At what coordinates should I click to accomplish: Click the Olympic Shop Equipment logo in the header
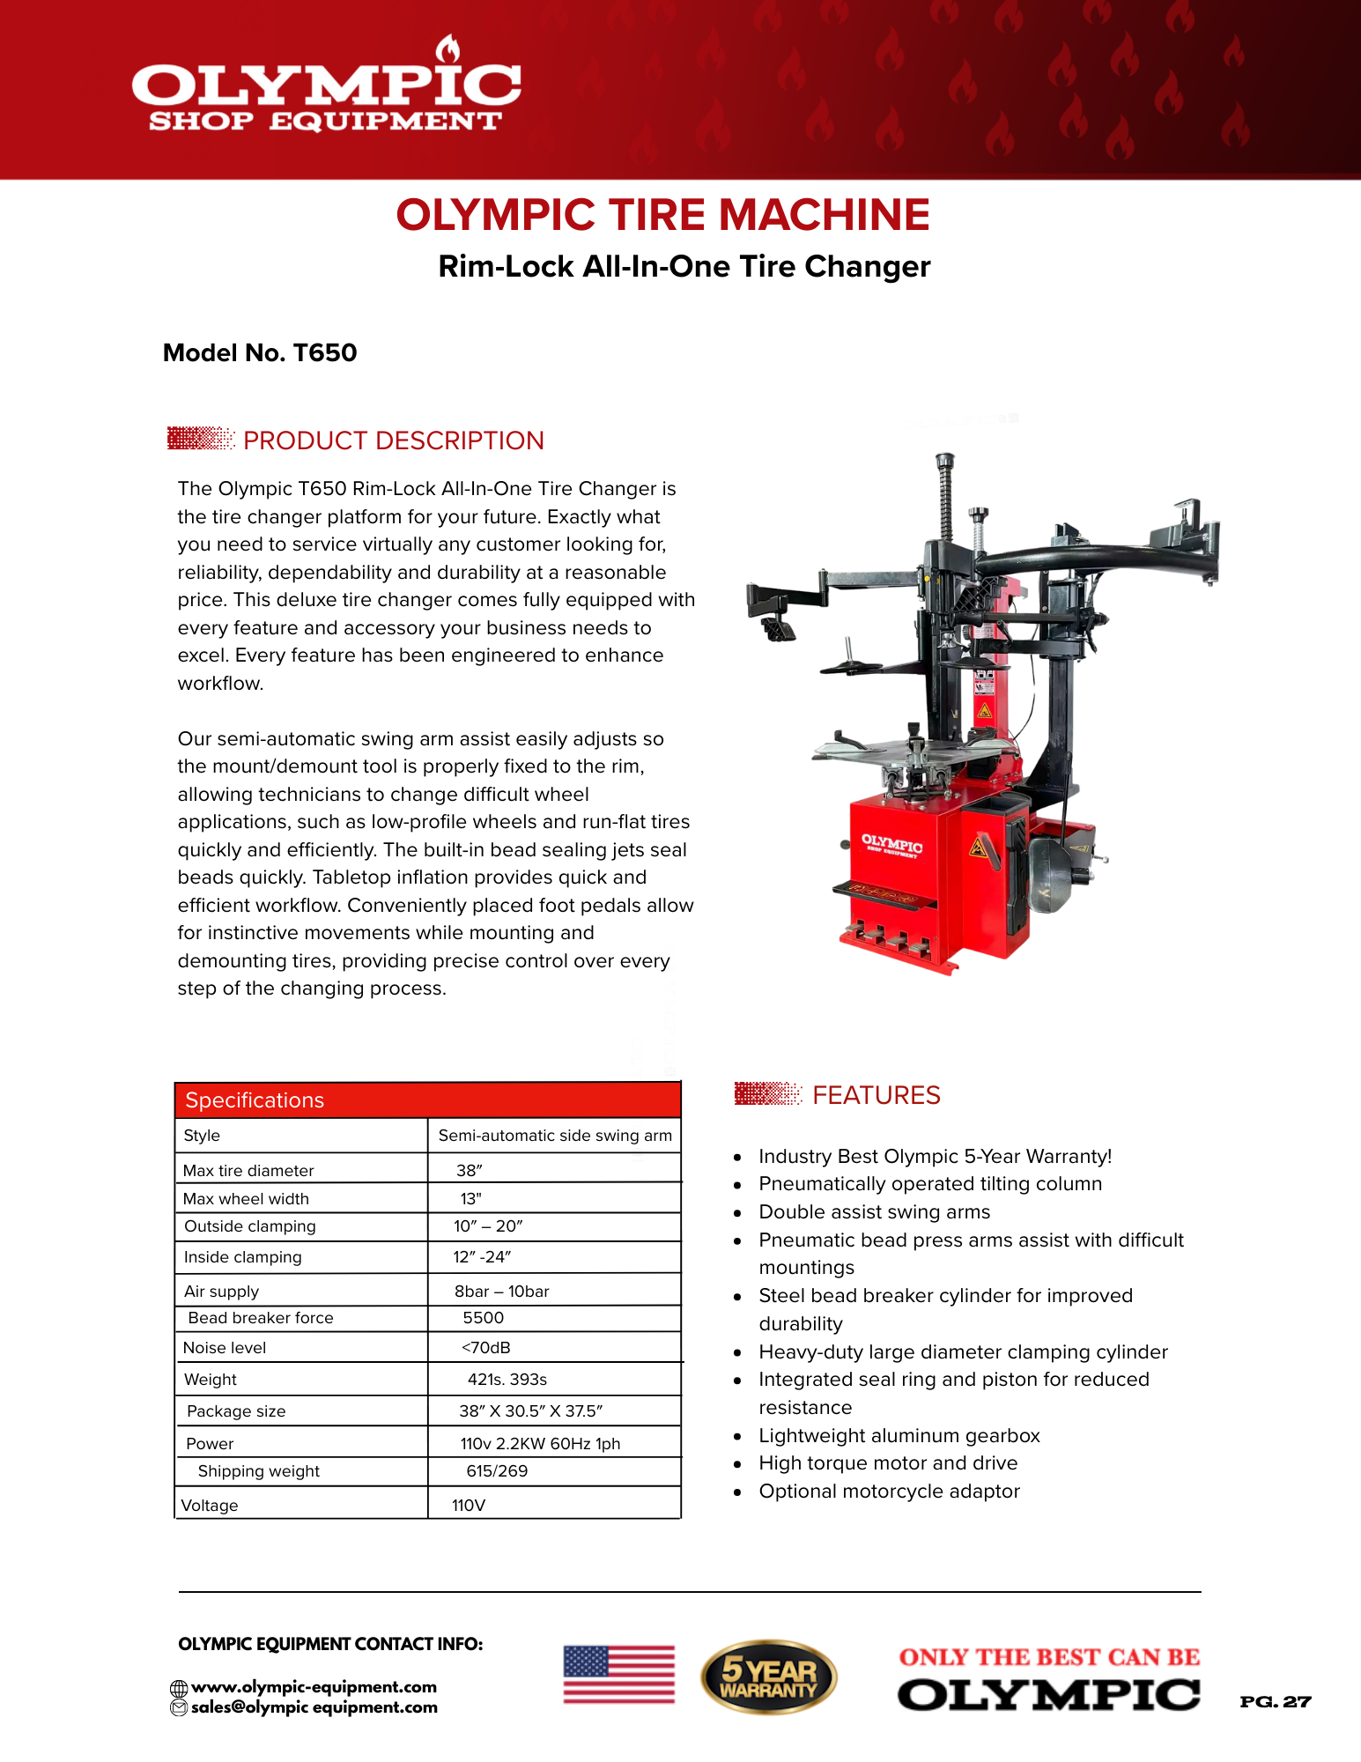326,88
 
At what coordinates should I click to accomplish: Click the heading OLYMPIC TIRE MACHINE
662,215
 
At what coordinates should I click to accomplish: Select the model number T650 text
260,353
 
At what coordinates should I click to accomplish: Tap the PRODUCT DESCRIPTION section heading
393,440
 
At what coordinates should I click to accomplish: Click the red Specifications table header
427,1100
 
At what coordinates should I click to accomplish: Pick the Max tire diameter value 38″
470,1171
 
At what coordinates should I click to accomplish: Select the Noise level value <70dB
485,1348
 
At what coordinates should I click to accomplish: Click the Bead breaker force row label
261,1318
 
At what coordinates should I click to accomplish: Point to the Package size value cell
530,1411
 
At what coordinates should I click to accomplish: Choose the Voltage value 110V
469,1506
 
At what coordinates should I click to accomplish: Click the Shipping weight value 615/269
497,1471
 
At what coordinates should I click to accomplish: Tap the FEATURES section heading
876,1095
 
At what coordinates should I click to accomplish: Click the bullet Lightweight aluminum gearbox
899,1436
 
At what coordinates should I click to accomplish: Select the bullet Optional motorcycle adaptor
889,1492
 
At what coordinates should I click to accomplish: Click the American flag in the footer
618,1674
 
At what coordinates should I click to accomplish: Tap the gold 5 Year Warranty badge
768,1677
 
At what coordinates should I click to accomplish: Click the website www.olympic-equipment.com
314,1687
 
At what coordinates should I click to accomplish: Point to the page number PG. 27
1275,1702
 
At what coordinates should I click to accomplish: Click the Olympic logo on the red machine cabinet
891,846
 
